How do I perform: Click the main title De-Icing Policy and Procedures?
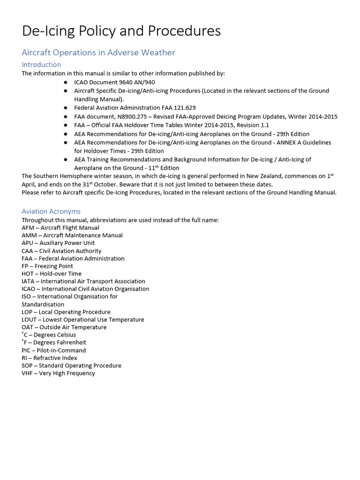coord(121,31)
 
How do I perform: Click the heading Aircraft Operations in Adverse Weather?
coord(98,52)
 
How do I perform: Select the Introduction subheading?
coord(41,65)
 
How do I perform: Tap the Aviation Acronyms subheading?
coord(51,211)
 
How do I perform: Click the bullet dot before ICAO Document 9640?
coord(65,82)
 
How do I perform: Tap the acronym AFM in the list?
coord(28,228)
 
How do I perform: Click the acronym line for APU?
coord(58,243)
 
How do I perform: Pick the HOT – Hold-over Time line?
coord(52,274)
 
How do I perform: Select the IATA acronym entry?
coord(77,281)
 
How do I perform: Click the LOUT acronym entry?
coord(82,320)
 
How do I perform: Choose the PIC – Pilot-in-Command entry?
coord(53,350)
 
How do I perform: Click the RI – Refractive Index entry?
coord(49,358)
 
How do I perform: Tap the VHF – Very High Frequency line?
coord(58,373)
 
